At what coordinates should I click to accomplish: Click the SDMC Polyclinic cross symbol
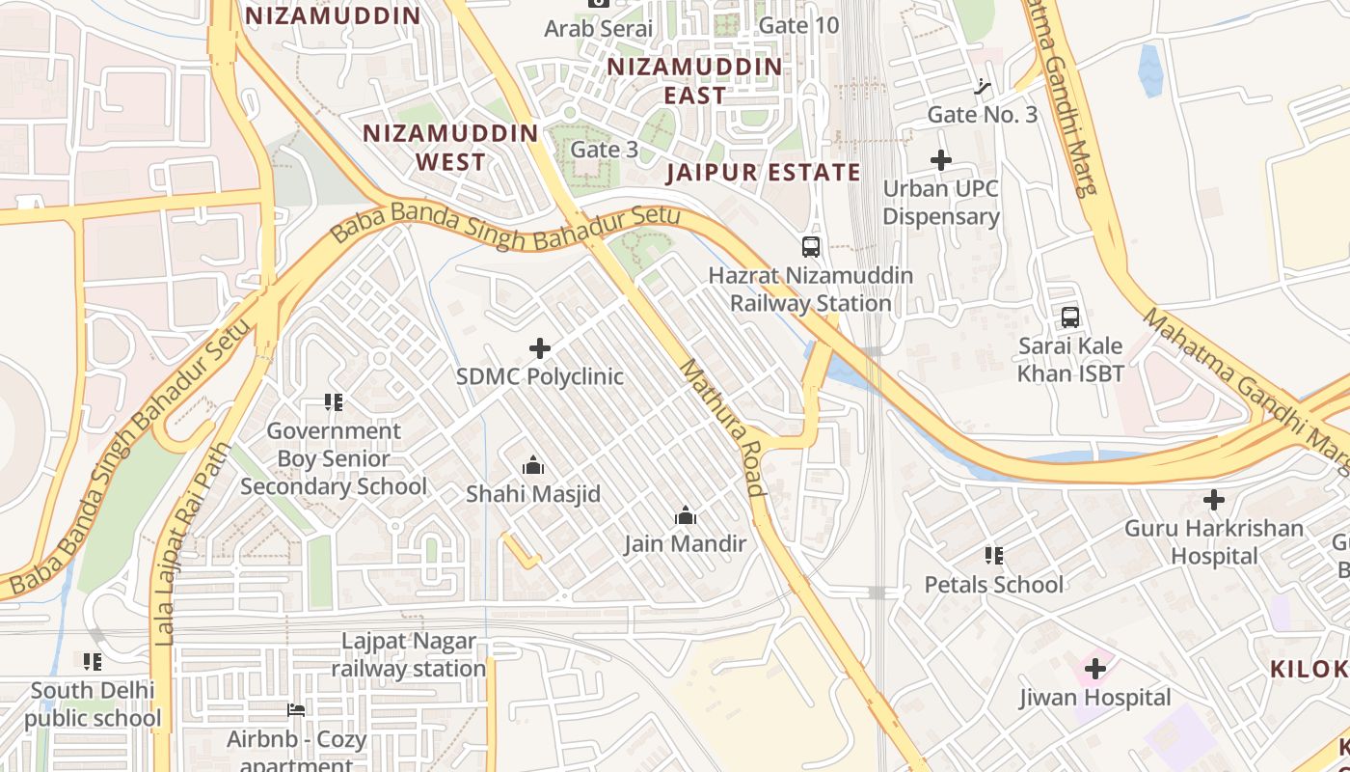point(540,348)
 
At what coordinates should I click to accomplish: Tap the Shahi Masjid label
point(533,494)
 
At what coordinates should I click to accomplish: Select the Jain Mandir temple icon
point(686,516)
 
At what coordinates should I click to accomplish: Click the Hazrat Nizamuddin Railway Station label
point(810,289)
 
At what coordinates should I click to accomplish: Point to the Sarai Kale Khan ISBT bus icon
point(1069,317)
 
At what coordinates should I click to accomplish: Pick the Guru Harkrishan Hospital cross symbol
point(1214,500)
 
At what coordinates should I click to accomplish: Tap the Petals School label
point(994,585)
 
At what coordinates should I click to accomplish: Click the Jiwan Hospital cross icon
point(1094,668)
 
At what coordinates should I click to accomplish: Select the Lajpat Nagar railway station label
point(409,654)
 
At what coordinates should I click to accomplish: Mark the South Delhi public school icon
point(93,662)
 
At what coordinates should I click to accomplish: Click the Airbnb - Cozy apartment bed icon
point(297,711)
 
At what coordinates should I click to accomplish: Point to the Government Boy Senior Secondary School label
point(333,458)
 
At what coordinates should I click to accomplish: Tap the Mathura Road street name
point(722,426)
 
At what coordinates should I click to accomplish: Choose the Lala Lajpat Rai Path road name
point(193,543)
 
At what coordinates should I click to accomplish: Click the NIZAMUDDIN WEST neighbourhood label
point(450,148)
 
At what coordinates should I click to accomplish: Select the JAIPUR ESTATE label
point(763,173)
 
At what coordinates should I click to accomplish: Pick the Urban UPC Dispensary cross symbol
point(941,160)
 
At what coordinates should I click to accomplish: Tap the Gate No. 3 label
point(982,115)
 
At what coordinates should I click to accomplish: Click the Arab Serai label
point(599,29)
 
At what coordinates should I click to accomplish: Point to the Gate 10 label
point(798,25)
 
